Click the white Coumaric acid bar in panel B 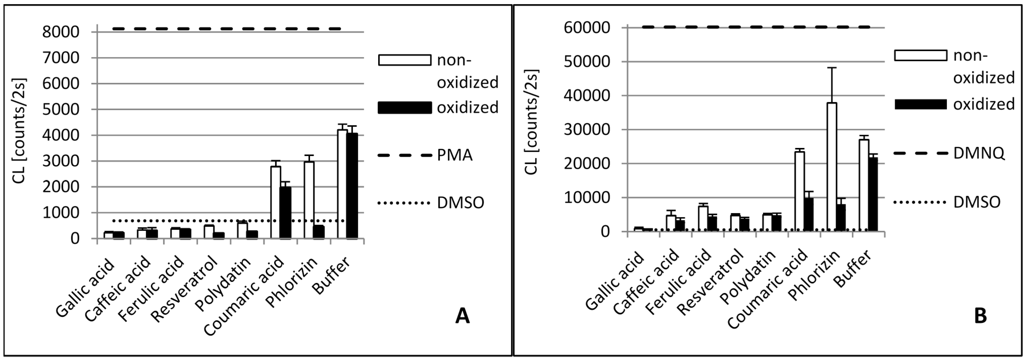(x=799, y=191)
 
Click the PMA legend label (x=454, y=155)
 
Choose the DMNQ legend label (x=979, y=153)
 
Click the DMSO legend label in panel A (x=460, y=203)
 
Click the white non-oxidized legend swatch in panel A (x=404, y=60)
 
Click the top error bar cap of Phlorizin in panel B (x=832, y=68)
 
